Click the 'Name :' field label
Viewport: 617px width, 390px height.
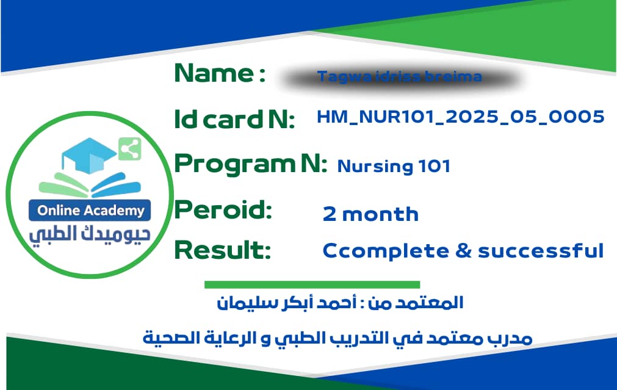pyautogui.click(x=220, y=74)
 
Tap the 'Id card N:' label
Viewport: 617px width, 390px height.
pyautogui.click(x=234, y=118)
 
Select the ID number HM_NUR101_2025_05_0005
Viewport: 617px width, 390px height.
pyautogui.click(x=461, y=117)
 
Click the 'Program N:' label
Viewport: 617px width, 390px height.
pyautogui.click(x=250, y=164)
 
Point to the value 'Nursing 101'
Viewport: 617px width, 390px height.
pyautogui.click(x=394, y=166)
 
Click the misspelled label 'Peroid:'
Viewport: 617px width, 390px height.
pyautogui.click(x=223, y=210)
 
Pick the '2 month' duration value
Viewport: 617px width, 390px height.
pyautogui.click(x=370, y=214)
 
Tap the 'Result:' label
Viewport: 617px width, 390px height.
pyautogui.click(x=223, y=250)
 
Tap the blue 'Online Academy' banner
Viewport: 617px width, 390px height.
pyautogui.click(x=90, y=211)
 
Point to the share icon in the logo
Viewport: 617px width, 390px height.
pyautogui.click(x=129, y=148)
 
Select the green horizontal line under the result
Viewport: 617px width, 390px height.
pyautogui.click(x=312, y=284)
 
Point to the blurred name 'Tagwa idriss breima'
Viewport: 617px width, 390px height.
pyautogui.click(x=399, y=78)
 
